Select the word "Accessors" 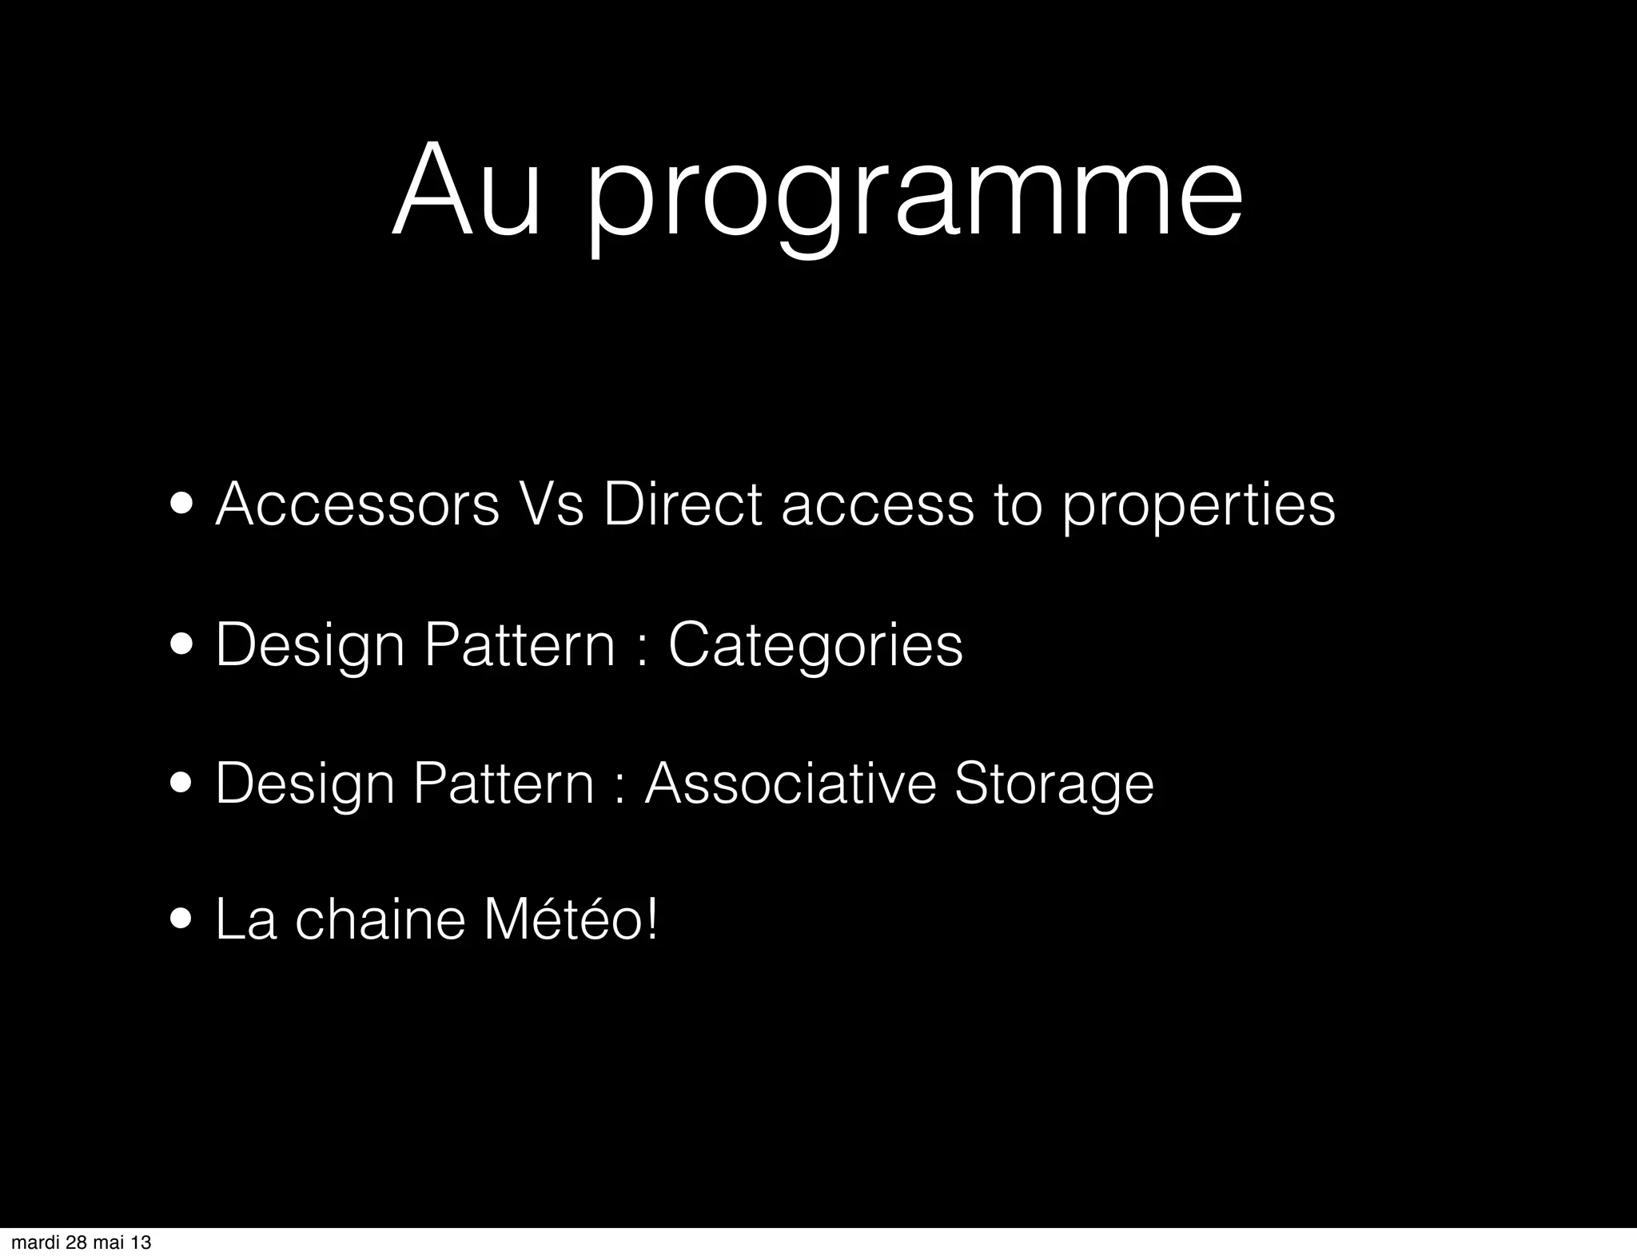357,505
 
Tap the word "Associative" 790,784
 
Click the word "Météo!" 571,919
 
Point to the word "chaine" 380,920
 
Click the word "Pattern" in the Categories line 520,644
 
